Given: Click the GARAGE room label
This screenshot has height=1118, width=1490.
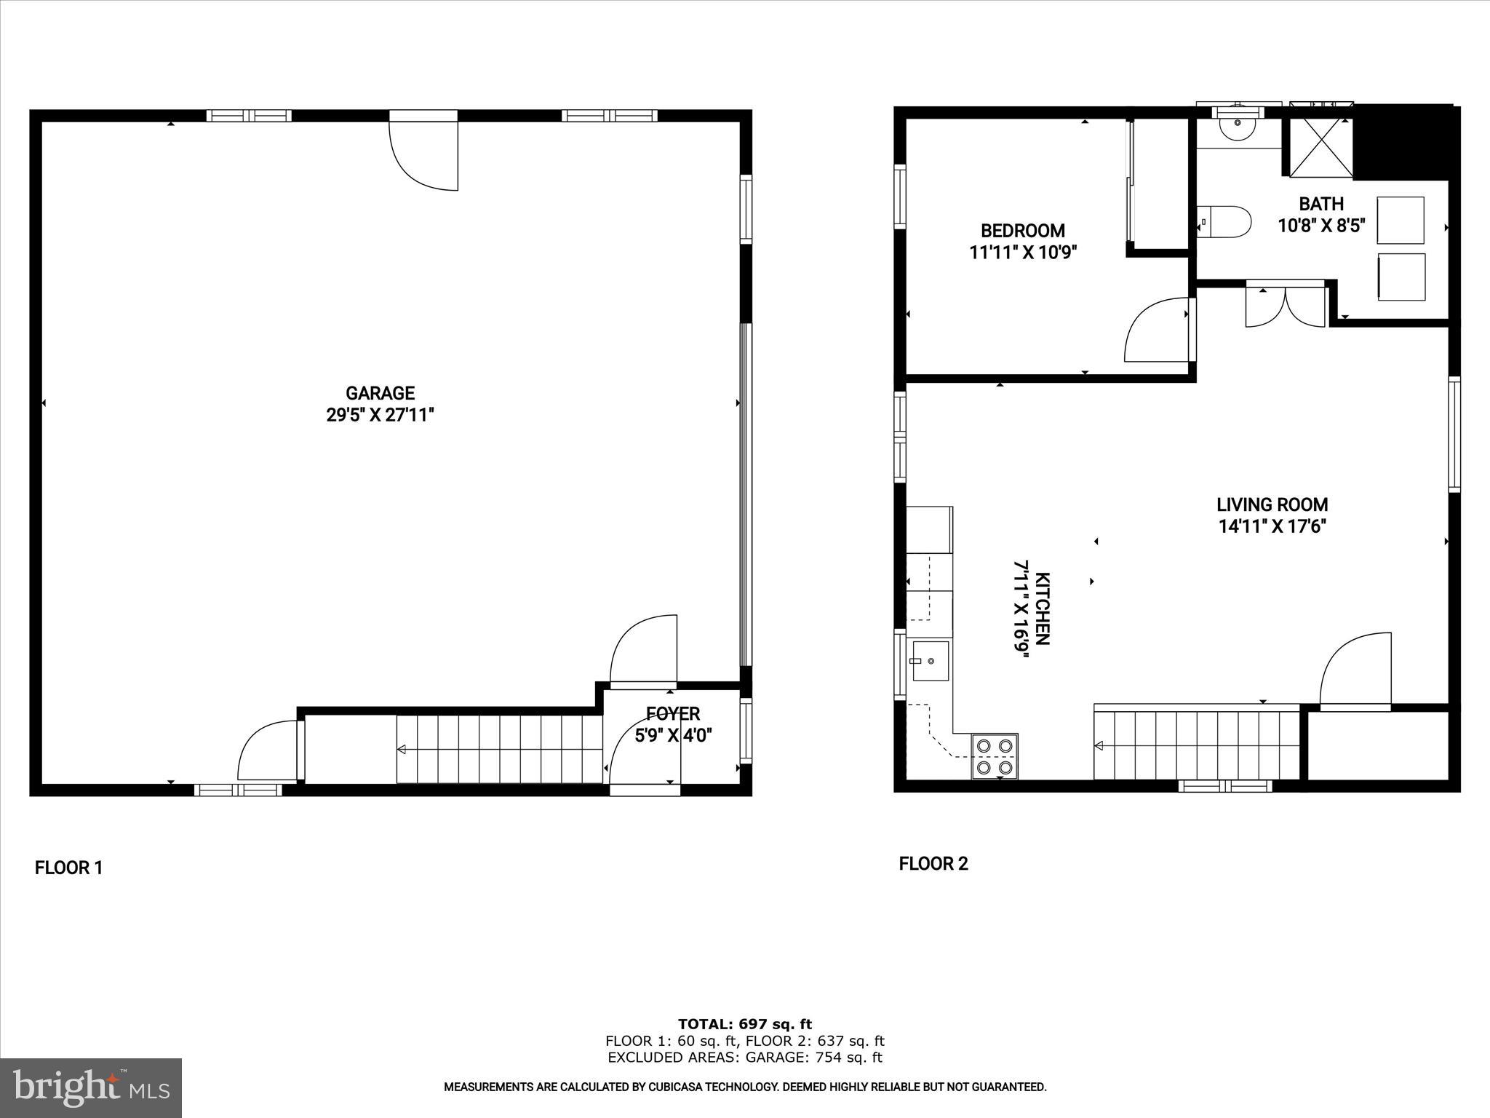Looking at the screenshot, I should (x=380, y=394).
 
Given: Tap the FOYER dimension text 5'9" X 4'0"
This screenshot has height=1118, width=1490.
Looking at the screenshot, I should (x=673, y=735).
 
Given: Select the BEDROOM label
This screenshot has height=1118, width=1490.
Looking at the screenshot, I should (x=1022, y=231).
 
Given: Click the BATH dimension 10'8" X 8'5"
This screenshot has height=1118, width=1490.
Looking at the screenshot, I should (x=1321, y=226).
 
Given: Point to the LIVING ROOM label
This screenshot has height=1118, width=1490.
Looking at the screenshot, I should (x=1272, y=504).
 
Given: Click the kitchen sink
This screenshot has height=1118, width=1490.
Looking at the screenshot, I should (x=928, y=661).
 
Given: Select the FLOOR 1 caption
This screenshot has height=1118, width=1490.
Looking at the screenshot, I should (x=69, y=868).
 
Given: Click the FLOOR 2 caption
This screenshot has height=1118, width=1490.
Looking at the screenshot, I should (x=933, y=864).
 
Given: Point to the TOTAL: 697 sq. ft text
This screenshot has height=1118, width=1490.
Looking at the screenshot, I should (x=744, y=1024).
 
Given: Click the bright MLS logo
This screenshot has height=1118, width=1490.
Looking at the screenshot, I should (x=91, y=1087).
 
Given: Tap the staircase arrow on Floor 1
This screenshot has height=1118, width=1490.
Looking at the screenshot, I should (x=402, y=750).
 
